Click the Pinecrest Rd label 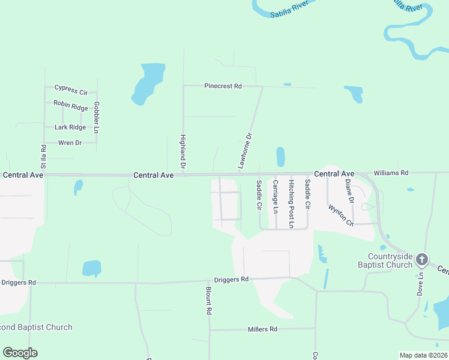223,86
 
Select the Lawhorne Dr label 246,151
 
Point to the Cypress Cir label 71,90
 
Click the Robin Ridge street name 71,106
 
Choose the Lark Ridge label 70,127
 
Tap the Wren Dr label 70,143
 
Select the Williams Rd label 390,173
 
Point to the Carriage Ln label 275,196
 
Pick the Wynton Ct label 341,215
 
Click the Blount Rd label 208,300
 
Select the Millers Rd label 262,329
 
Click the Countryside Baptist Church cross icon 422,259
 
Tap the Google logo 20,353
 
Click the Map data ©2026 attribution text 423,355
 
